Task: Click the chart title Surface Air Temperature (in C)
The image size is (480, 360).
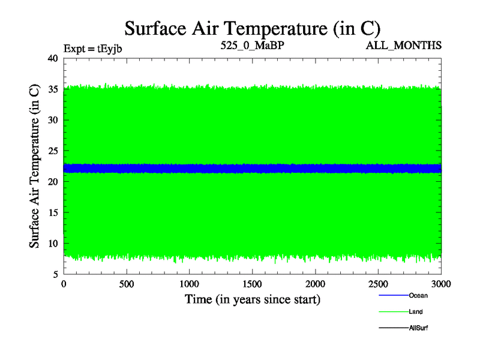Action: [252, 28]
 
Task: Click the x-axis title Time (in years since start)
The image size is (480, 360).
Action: [252, 299]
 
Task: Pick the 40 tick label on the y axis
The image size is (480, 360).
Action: [52, 58]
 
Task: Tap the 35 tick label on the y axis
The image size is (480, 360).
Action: [52, 89]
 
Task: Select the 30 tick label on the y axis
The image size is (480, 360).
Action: [52, 120]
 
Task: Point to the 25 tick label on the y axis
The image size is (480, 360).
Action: [52, 151]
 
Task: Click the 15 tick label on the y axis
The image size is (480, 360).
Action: [52, 213]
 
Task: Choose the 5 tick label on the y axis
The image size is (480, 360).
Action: [55, 275]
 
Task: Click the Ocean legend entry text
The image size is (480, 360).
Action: [418, 295]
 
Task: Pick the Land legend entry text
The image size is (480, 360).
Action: [416, 312]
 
